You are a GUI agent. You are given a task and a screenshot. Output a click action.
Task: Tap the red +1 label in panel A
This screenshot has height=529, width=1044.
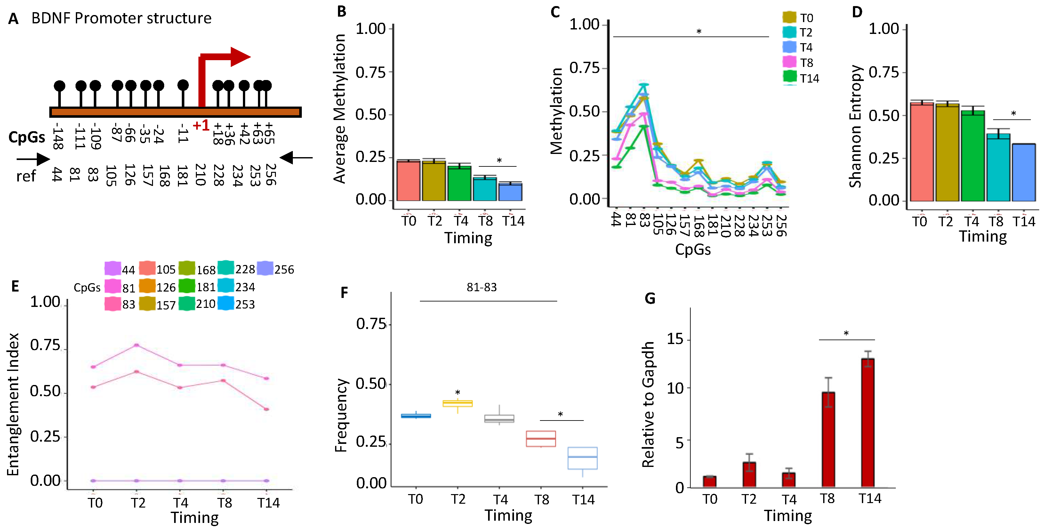(x=201, y=126)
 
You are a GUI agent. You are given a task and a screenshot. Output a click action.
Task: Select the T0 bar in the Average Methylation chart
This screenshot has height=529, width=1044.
(x=408, y=180)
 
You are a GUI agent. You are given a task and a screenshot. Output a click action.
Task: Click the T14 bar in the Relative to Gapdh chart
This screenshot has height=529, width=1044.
(x=867, y=421)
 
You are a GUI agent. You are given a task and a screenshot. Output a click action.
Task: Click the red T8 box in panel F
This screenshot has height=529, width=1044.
(x=541, y=439)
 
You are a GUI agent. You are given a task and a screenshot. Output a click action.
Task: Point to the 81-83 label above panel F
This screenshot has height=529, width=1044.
(x=481, y=287)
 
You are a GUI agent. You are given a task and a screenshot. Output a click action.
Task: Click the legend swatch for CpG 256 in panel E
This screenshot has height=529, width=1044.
(x=265, y=269)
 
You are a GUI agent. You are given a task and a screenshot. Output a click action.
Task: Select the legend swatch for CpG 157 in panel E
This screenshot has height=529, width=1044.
(x=147, y=304)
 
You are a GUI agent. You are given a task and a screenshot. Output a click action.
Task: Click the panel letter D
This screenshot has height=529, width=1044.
(x=857, y=12)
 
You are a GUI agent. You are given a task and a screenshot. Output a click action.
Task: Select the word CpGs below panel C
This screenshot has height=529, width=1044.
(x=692, y=250)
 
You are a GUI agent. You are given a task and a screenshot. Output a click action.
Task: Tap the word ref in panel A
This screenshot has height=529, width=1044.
(x=26, y=177)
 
